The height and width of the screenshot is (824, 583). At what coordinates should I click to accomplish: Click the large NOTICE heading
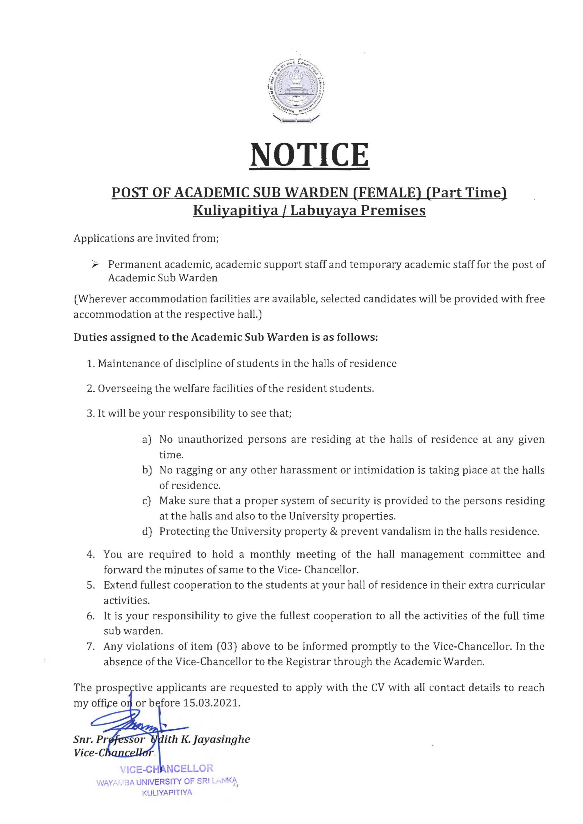(309, 155)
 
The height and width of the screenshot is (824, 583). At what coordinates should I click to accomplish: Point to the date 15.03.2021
(211, 703)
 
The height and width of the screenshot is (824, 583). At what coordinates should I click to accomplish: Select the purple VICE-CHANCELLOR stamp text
(167, 768)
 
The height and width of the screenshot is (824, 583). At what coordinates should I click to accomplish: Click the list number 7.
(90, 647)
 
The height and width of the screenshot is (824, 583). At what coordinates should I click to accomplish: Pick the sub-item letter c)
(146, 501)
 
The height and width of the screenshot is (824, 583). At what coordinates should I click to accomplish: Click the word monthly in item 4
(270, 554)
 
